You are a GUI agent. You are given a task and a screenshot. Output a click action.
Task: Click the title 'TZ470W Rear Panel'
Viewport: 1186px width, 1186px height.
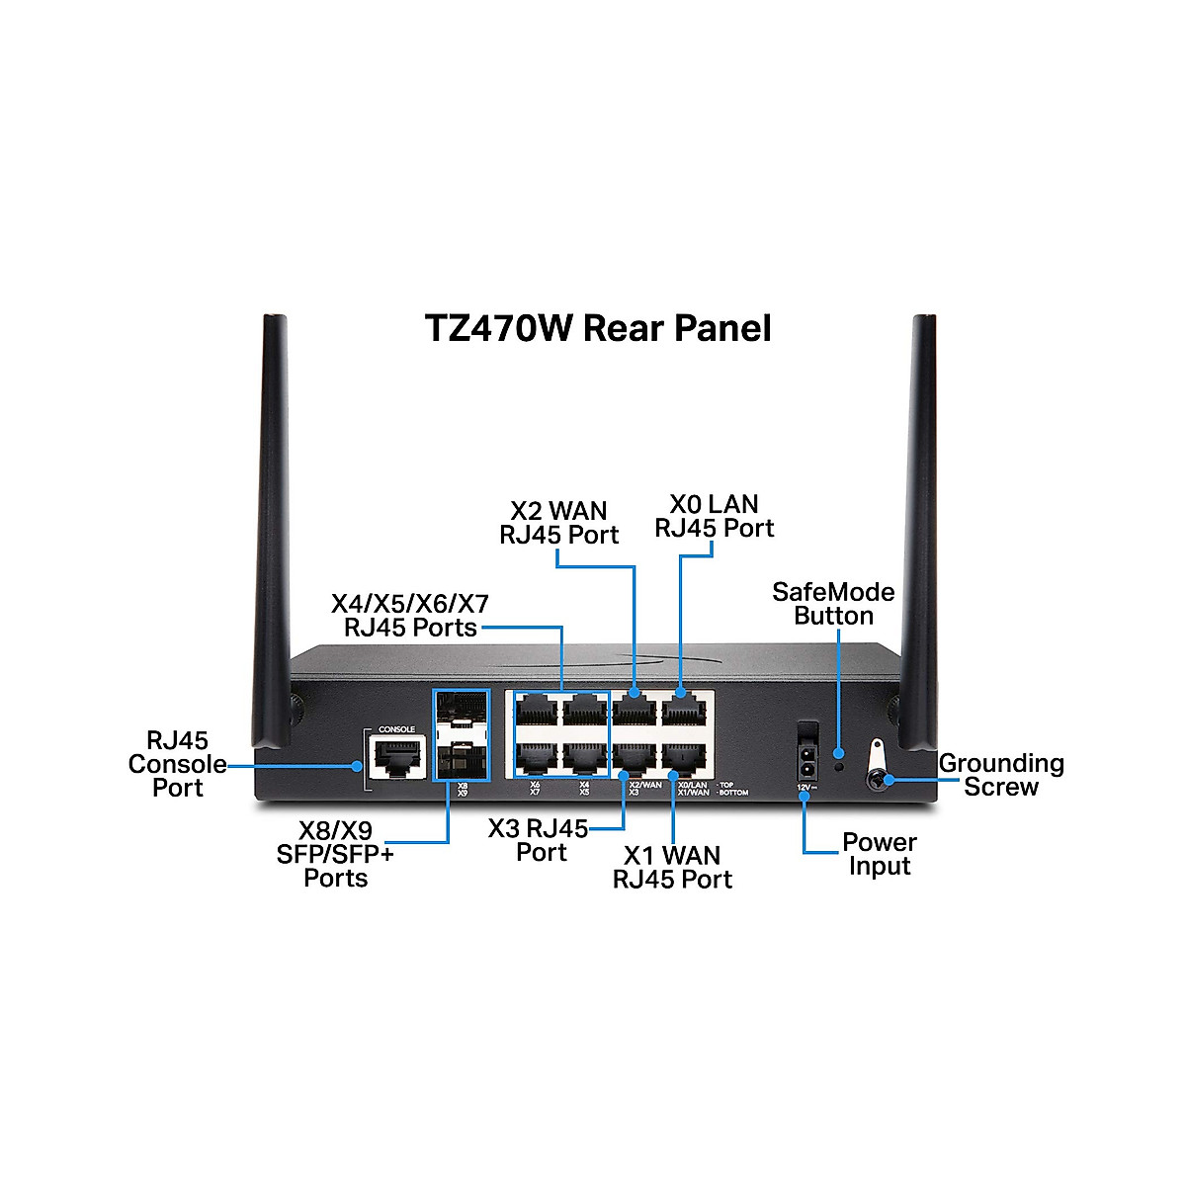597,328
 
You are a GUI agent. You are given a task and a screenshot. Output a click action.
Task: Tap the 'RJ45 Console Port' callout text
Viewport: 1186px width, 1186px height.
178,764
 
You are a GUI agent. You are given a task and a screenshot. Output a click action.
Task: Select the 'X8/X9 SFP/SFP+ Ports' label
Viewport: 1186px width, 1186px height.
335,854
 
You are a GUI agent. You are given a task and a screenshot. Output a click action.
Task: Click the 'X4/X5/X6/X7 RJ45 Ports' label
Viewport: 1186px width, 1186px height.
410,616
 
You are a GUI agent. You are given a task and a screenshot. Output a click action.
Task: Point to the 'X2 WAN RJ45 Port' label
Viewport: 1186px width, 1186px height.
558,523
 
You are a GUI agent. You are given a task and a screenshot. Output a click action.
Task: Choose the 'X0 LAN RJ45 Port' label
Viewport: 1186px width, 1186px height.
714,517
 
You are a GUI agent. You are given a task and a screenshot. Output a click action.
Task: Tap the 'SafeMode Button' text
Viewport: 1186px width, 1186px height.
833,604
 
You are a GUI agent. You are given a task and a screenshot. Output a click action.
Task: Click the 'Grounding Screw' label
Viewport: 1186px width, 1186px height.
1001,775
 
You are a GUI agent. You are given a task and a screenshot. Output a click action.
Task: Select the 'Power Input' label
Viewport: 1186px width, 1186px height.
879,854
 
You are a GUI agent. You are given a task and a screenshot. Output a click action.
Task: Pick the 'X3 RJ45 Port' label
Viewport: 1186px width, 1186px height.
540,840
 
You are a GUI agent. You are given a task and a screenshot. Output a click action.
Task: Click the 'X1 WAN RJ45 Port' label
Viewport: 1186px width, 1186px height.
672,867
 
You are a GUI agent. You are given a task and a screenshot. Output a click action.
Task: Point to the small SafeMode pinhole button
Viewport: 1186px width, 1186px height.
839,766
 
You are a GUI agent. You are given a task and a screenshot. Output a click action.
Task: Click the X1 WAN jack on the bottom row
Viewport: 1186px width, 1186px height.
682,757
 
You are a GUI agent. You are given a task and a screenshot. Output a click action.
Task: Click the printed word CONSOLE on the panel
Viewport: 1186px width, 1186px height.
397,729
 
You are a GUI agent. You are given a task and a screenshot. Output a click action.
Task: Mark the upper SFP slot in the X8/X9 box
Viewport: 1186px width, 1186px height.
461,713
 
